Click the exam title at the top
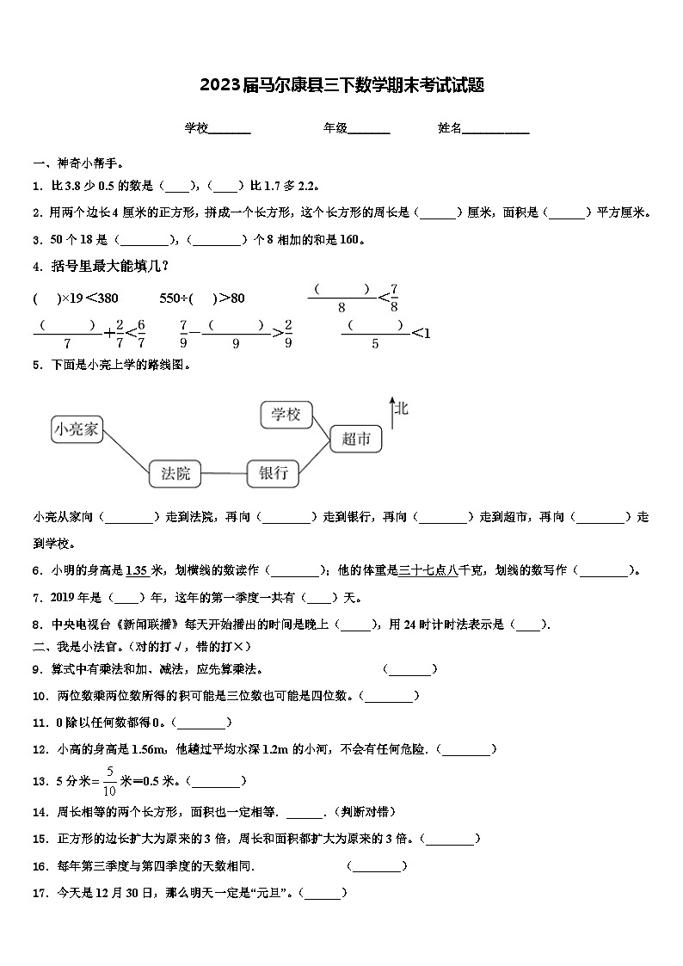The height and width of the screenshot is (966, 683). point(341,85)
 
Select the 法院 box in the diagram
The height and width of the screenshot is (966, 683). point(175,472)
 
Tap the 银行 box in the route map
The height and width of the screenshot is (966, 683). point(273,472)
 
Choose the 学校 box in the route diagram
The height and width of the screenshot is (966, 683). point(286,415)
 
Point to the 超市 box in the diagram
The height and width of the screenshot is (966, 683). point(355,439)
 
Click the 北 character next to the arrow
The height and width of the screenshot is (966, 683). point(402,408)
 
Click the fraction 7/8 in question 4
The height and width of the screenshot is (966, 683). point(394,298)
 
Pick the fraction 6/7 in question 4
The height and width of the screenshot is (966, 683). point(141,333)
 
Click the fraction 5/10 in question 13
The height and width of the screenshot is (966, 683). point(109,781)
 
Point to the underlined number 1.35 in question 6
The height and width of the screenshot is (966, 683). point(137,569)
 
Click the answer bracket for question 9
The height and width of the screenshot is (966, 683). point(410,669)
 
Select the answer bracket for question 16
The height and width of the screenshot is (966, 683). point(377,866)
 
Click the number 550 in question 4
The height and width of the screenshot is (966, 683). point(172,298)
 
